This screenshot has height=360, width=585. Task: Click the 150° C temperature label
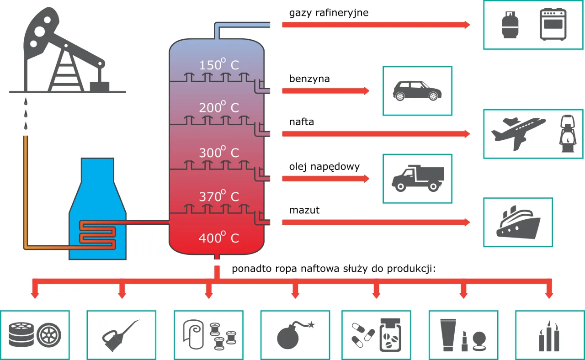[x=218, y=65]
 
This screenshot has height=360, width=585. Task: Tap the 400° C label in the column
[x=218, y=238]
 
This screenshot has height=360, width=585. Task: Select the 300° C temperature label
[x=218, y=152]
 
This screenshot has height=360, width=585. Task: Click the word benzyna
[x=309, y=79]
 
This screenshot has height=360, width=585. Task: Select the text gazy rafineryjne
[x=329, y=13]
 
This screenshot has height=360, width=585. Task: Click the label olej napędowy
[x=324, y=167]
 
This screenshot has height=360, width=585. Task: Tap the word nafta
[x=301, y=122]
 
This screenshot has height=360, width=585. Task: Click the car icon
[x=417, y=91]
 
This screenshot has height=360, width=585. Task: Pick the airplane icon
[x=517, y=133]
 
